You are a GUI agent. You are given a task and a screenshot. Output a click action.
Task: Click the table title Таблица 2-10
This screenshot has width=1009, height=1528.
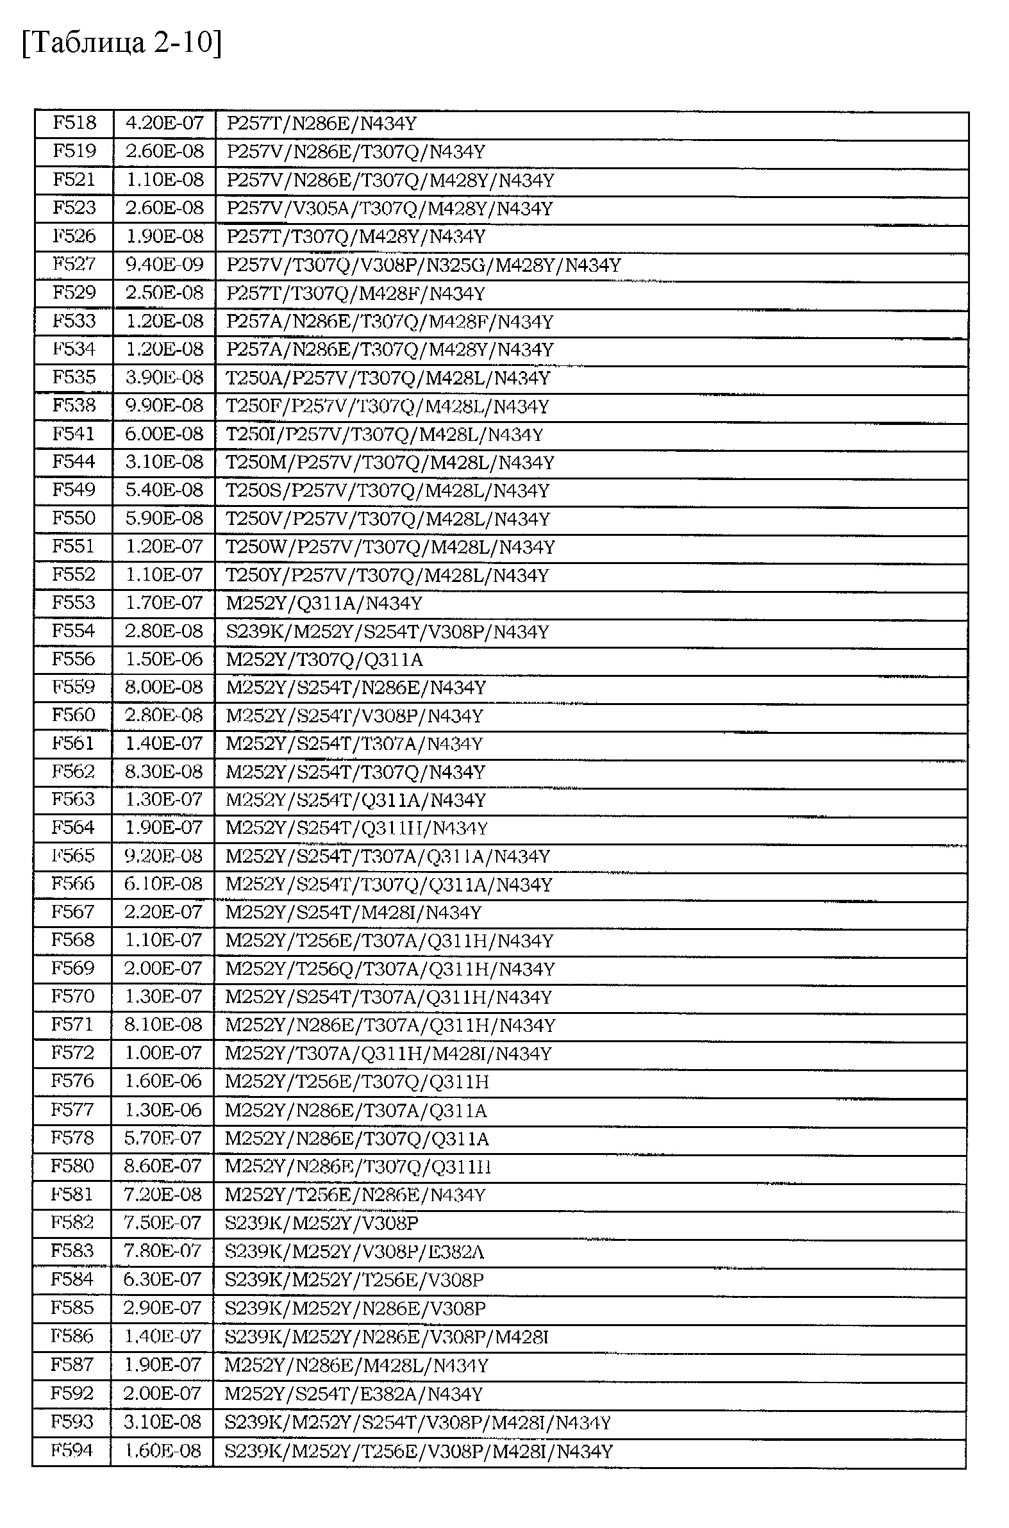[x=122, y=43]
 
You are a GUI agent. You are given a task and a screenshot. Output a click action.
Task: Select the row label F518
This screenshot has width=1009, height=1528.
[x=74, y=122]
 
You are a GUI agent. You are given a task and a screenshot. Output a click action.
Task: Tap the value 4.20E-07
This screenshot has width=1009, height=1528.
[x=164, y=122]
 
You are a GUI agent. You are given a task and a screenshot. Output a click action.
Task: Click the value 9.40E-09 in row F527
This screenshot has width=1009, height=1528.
[x=164, y=264]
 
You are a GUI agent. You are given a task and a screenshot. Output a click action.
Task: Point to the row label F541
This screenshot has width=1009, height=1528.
[x=73, y=434]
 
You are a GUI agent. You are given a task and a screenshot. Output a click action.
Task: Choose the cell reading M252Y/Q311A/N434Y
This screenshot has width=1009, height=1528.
[x=324, y=603]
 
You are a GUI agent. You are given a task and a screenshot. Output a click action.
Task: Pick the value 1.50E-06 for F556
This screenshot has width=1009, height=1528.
[x=163, y=659]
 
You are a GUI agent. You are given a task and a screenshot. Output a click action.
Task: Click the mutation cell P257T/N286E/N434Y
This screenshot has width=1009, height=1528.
[x=322, y=123]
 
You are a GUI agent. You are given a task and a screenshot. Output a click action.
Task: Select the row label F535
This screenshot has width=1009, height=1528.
[x=73, y=377]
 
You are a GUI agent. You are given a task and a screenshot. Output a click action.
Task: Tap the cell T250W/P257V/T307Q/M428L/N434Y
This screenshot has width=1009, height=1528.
[x=390, y=547]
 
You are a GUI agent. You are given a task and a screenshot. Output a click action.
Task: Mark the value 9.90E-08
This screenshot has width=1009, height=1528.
[x=164, y=405]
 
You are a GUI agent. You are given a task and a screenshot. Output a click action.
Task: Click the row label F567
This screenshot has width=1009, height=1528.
[x=72, y=912]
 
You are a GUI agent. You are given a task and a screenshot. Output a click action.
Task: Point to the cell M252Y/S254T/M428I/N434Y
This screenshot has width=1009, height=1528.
[x=353, y=912]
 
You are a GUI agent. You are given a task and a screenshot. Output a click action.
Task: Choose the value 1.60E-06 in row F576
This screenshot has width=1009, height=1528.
[x=163, y=1081]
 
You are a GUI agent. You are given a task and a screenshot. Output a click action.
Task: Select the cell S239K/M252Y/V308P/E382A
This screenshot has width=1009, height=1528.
[x=354, y=1251]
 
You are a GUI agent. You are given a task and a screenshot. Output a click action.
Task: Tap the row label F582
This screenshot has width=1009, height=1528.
[x=72, y=1222]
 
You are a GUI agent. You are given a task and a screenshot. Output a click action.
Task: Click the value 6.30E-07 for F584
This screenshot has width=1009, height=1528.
[x=162, y=1279]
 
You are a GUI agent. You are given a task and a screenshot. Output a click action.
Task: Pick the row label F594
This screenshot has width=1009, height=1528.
[x=72, y=1450]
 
